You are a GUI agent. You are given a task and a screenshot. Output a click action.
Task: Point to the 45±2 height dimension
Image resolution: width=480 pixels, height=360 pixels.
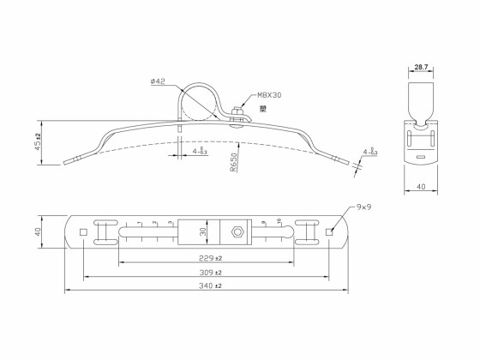click(x=38, y=140)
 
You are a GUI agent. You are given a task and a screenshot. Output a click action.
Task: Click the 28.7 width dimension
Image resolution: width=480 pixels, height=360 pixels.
click(x=420, y=66)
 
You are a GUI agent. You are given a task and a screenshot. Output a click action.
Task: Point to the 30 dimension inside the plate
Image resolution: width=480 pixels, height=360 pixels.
click(x=203, y=232)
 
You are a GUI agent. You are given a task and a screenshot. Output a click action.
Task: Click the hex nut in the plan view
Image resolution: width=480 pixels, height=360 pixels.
click(x=237, y=232)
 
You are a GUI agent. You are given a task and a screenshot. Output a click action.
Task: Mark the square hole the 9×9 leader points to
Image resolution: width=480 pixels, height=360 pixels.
click(x=330, y=231)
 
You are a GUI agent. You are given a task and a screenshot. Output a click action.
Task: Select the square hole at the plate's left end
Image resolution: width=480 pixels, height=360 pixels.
click(x=83, y=231)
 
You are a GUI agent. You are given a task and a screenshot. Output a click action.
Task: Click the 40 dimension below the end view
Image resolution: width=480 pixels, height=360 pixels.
click(x=420, y=185)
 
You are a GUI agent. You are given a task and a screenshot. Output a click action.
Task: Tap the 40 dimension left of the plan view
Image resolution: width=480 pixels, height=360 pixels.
click(x=38, y=232)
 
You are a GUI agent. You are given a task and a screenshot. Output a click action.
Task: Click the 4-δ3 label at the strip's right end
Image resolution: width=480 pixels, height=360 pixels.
click(x=370, y=153)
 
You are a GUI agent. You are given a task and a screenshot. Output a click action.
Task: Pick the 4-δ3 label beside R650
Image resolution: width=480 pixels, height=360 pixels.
click(x=198, y=152)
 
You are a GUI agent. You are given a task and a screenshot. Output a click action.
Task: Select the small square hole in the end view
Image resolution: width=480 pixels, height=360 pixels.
click(x=420, y=156)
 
